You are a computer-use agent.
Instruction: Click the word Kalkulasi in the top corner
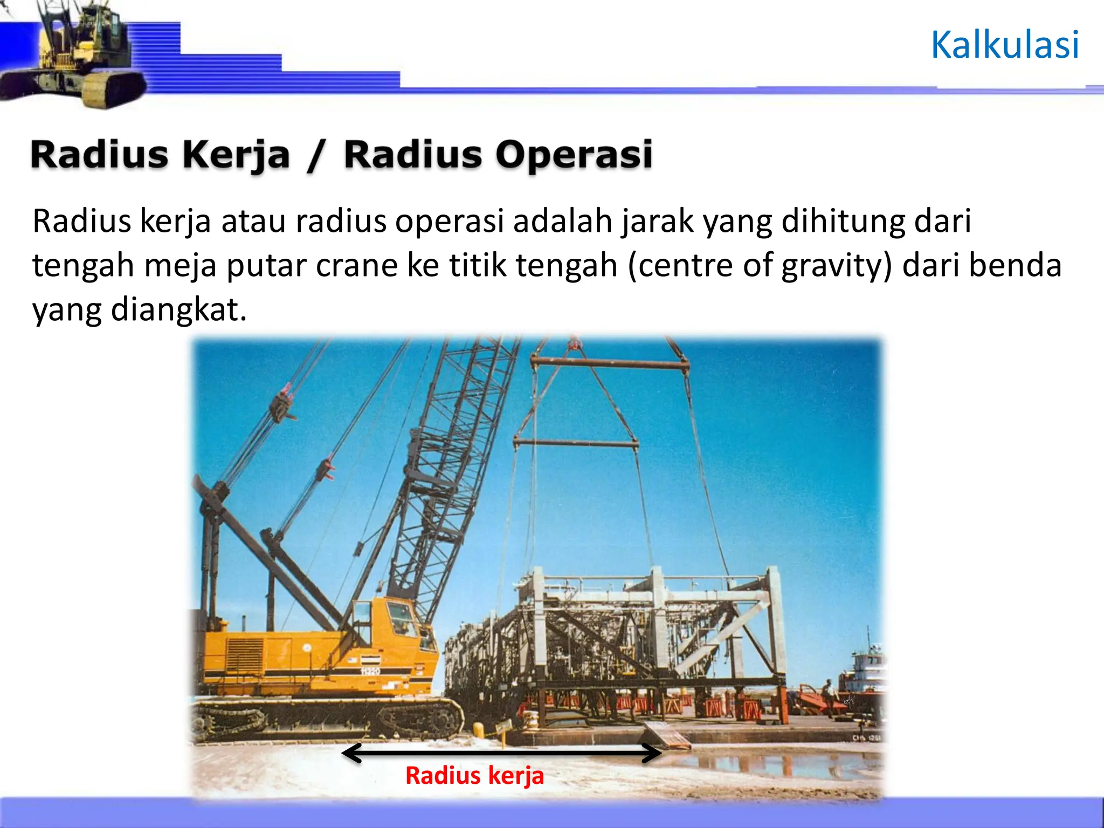[x=1005, y=45]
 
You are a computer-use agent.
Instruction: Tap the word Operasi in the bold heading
[x=574, y=155]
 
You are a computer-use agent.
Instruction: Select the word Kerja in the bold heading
[x=236, y=155]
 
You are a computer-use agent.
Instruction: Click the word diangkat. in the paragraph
[x=178, y=310]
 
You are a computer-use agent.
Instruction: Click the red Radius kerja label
[x=474, y=776]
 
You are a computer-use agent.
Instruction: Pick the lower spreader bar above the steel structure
[x=575, y=444]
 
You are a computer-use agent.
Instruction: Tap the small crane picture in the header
[x=81, y=54]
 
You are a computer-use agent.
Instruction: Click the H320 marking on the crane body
[x=370, y=671]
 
